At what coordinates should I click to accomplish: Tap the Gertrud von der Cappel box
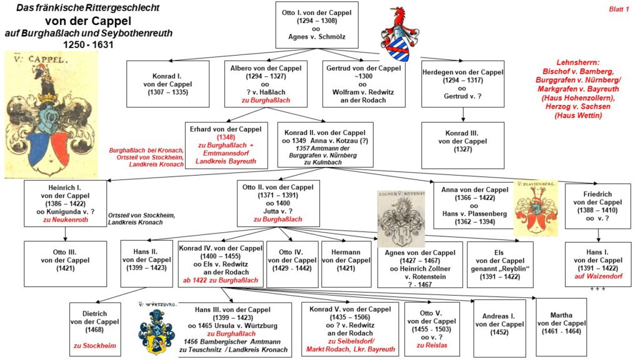click(362, 84)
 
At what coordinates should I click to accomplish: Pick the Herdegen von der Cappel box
click(462, 84)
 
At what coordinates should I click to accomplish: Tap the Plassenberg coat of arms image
click(536, 206)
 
